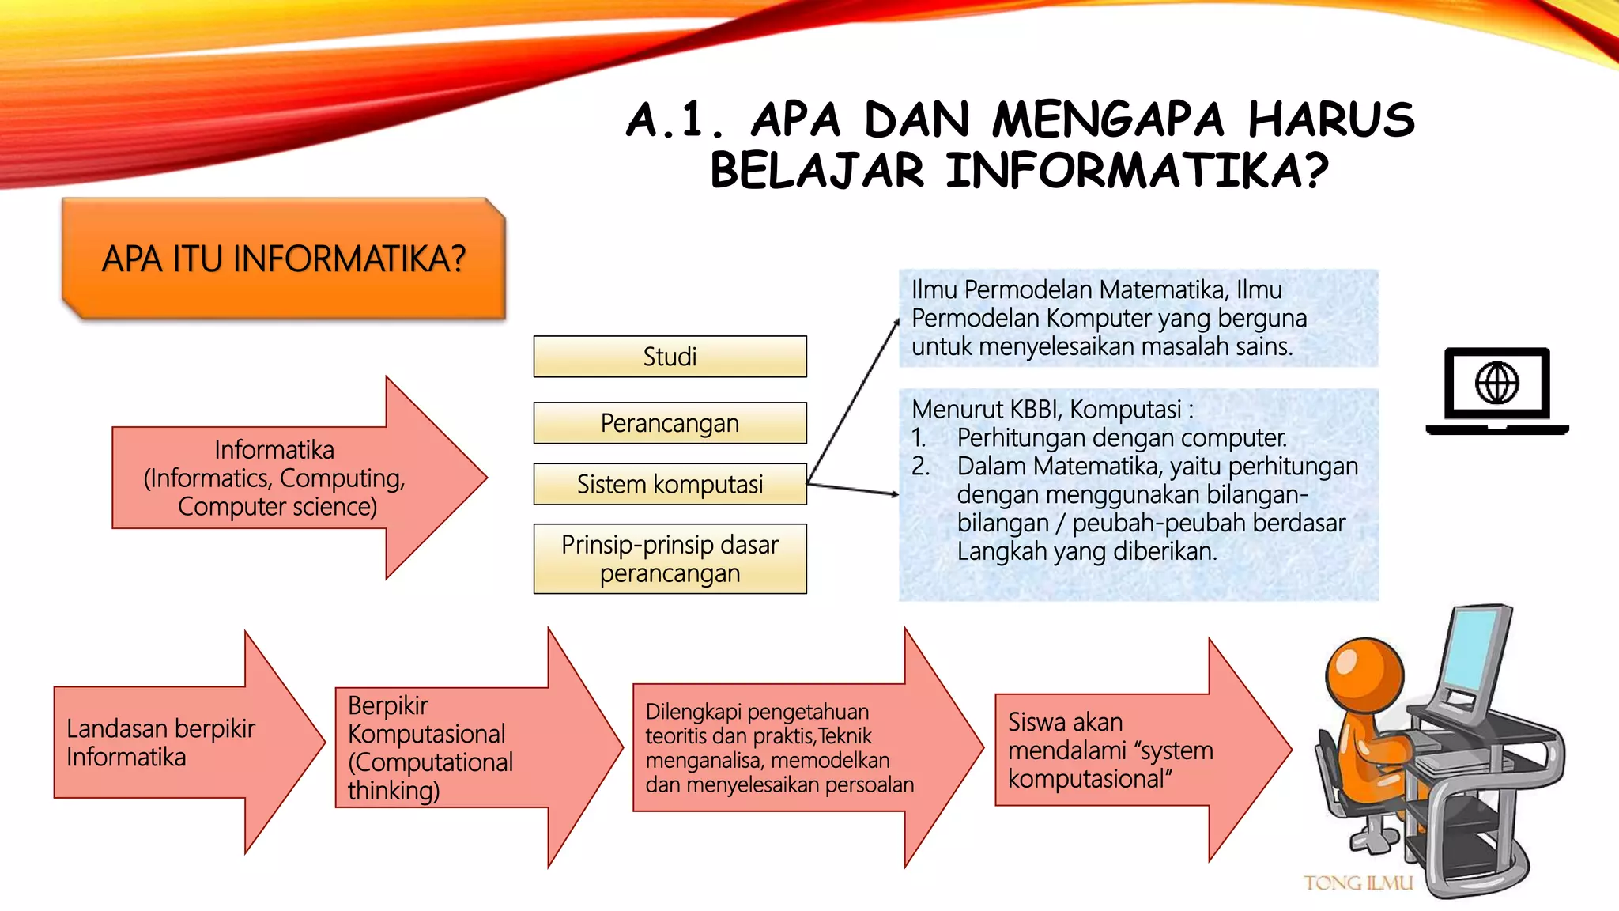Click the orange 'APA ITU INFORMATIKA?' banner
coord(283,259)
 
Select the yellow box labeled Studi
coord(670,357)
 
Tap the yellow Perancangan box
coord(670,423)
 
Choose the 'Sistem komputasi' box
coord(670,484)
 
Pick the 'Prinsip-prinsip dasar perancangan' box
coord(670,558)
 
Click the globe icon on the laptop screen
coord(1496,384)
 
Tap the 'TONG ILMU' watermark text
coord(1358,883)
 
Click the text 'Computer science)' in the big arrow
coord(277,506)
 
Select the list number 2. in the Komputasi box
coord(920,466)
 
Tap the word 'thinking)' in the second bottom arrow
coord(393,790)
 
